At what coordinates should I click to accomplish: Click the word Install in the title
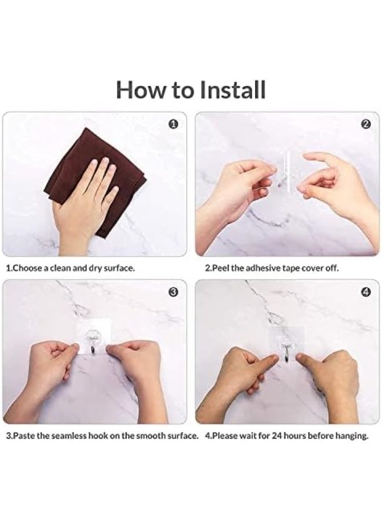(233, 90)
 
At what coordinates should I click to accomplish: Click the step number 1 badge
(174, 124)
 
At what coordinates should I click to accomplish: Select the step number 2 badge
(366, 124)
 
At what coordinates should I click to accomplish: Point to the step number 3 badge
(174, 292)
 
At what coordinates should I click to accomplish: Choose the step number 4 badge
(366, 292)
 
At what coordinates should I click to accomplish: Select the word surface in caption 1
(119, 268)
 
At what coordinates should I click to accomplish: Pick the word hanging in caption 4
(351, 436)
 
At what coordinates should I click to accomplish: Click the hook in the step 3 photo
(92, 341)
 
